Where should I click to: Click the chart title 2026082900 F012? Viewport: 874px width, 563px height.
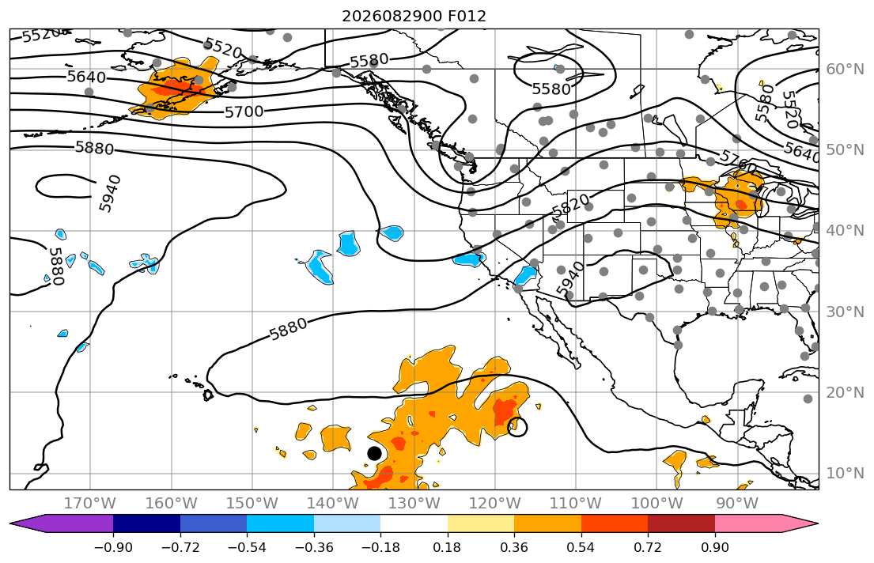(414, 16)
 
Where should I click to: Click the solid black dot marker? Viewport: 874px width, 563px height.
(375, 453)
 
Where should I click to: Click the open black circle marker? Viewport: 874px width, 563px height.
(517, 427)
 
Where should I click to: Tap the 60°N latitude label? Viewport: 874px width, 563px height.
(845, 69)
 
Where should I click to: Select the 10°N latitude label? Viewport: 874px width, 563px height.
(845, 474)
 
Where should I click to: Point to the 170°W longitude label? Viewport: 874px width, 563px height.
(90, 504)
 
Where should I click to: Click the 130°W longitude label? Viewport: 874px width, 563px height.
(414, 504)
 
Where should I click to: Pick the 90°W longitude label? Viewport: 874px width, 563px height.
(737, 504)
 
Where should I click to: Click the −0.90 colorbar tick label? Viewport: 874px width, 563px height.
(113, 547)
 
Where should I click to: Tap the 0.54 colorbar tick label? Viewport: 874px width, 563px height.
(581, 547)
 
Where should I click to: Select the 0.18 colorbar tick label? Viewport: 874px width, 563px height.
(447, 547)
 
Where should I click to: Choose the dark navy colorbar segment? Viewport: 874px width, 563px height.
(146, 523)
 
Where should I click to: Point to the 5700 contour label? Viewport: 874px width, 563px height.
(244, 112)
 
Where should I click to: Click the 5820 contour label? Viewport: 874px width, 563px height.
(570, 207)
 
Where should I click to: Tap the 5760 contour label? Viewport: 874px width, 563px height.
(737, 161)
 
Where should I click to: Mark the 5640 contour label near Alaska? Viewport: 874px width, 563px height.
(86, 77)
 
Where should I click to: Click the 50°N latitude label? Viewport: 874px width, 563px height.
(845, 150)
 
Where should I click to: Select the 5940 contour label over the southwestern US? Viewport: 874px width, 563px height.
(571, 278)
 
